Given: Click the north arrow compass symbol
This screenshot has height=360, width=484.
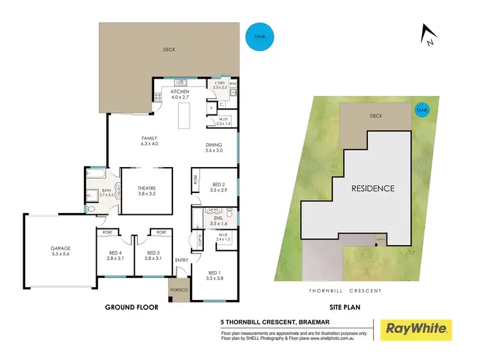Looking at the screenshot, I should (x=427, y=35).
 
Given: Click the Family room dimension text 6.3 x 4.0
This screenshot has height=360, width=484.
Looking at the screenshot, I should (x=150, y=144).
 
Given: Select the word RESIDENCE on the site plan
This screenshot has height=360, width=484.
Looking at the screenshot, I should (x=372, y=188).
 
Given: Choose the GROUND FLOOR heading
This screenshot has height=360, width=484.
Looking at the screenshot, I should (x=132, y=308).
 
